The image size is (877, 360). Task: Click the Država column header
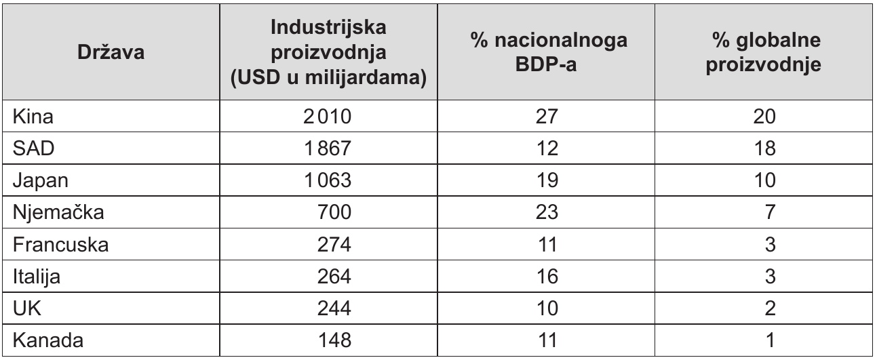[x=111, y=52]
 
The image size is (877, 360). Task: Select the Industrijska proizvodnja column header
[x=328, y=52]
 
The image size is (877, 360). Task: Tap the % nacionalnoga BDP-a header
[x=546, y=52]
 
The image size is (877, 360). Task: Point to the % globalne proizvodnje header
[x=764, y=52]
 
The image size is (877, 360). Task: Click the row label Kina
[x=33, y=116]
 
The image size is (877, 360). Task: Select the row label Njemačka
[x=58, y=212]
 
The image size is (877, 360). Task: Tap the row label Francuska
[x=60, y=245]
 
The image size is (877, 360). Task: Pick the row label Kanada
[x=48, y=340]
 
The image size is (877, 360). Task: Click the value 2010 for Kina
[x=328, y=116]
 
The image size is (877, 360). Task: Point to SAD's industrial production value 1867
[x=328, y=148]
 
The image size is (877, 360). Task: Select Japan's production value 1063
[x=328, y=180]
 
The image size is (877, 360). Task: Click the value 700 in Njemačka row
[x=334, y=212]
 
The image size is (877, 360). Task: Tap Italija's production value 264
[x=334, y=276]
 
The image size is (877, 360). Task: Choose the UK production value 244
[x=334, y=308]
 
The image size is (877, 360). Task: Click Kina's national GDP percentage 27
[x=547, y=116]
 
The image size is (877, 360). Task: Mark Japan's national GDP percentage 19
[x=547, y=180]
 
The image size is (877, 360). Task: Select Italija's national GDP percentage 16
[x=547, y=276]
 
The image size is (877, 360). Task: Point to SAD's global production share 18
[x=764, y=148]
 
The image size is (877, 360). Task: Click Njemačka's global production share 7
[x=770, y=212]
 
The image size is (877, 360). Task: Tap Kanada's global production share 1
[x=770, y=340]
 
